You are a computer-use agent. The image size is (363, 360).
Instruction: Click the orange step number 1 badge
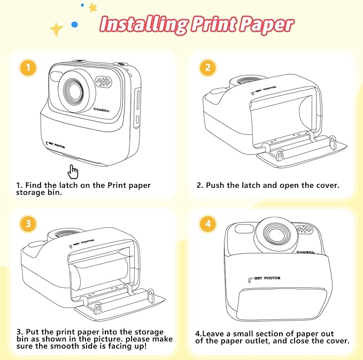click(x=28, y=68)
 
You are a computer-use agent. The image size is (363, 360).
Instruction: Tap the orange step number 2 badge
click(x=208, y=68)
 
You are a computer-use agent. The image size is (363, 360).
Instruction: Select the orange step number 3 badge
click(x=28, y=223)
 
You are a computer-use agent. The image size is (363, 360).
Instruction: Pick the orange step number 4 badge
click(x=208, y=223)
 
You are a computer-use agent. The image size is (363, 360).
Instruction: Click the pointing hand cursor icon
click(x=73, y=171)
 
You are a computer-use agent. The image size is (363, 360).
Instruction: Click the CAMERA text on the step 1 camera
click(x=101, y=110)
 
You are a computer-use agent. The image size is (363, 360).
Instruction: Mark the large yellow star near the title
click(x=56, y=29)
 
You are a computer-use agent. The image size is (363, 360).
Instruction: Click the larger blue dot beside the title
click(x=75, y=25)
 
